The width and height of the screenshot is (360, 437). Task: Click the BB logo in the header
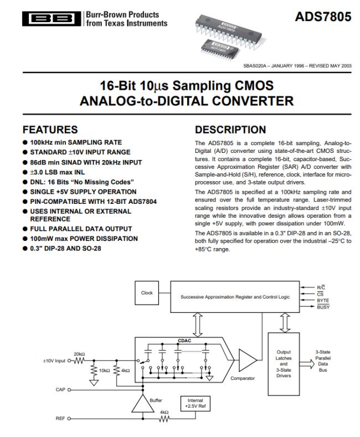[x=52, y=19]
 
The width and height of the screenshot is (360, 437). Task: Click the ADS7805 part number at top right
[x=323, y=17]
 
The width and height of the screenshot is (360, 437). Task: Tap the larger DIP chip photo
[x=229, y=30]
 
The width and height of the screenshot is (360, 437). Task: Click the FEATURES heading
[x=50, y=130]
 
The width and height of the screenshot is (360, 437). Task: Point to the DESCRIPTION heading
[x=230, y=130]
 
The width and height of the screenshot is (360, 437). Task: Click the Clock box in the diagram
[x=147, y=292]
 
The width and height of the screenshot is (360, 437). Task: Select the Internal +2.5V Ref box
[x=195, y=403]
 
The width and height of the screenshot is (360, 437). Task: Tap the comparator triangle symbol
[x=248, y=360]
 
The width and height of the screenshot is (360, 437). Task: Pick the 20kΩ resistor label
[x=79, y=354]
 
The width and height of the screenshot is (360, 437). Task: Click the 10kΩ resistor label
[x=104, y=371]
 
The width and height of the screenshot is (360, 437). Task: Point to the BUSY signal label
[x=323, y=307]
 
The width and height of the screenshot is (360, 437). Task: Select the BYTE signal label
[x=323, y=300]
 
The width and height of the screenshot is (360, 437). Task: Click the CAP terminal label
[x=60, y=389]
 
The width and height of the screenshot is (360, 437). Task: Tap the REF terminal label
[x=60, y=418]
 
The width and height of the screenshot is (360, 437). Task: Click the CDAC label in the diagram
[x=184, y=341]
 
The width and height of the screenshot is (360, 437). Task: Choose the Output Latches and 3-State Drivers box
[x=284, y=364]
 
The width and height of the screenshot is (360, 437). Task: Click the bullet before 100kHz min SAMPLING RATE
[x=25, y=142]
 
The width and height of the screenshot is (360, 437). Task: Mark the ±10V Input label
[x=54, y=361]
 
